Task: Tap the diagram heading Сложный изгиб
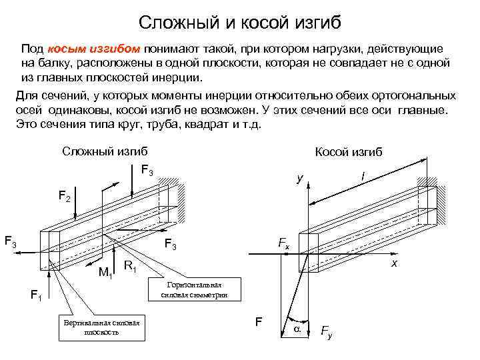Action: click(x=105, y=151)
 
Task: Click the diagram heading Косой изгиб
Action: click(x=348, y=153)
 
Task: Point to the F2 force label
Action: click(x=65, y=197)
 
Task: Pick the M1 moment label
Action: click(x=105, y=271)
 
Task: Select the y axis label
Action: click(x=301, y=179)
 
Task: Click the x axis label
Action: click(x=395, y=265)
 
